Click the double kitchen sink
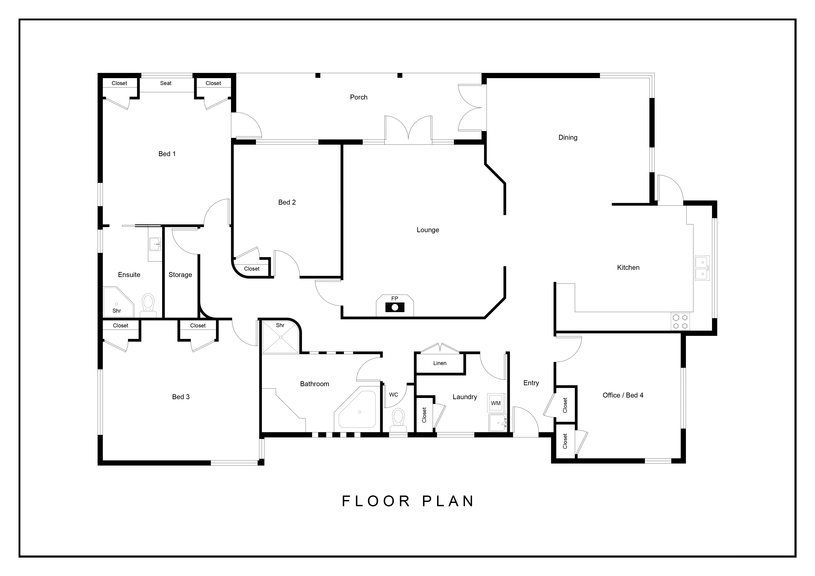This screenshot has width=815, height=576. click(x=702, y=268)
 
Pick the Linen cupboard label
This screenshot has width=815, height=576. click(x=440, y=363)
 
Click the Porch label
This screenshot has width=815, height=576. click(x=358, y=97)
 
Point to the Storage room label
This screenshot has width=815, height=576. click(x=180, y=275)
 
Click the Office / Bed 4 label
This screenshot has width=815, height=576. click(x=623, y=395)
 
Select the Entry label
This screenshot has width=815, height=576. click(x=531, y=383)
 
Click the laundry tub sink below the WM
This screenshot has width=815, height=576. click(x=498, y=422)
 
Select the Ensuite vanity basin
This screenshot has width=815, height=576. click(x=155, y=244)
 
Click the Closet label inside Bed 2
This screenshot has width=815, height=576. click(x=252, y=269)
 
